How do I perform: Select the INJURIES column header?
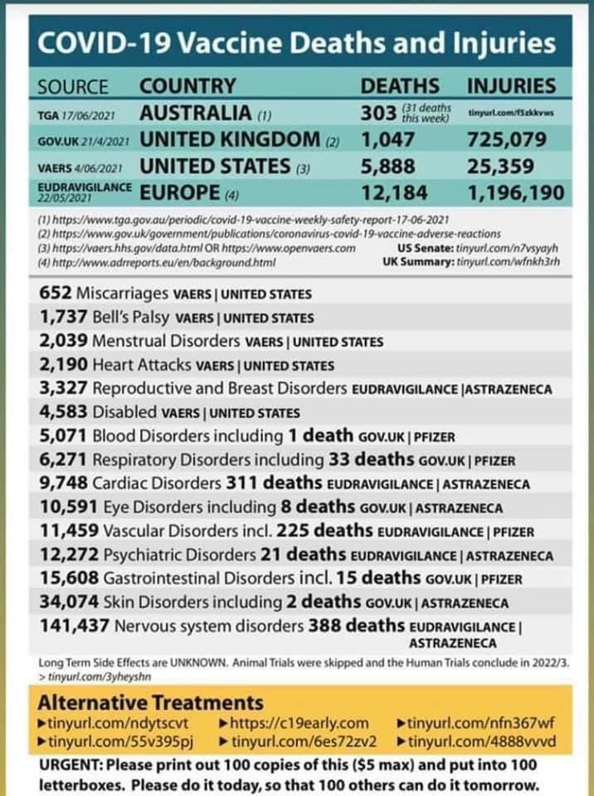click(x=511, y=85)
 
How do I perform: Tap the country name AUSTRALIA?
click(x=195, y=112)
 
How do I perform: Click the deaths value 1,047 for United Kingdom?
click(x=388, y=139)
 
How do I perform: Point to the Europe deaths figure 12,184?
click(x=394, y=193)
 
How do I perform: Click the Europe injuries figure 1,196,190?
click(x=515, y=193)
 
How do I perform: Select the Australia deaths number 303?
click(x=378, y=112)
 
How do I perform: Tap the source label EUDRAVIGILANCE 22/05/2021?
click(x=85, y=192)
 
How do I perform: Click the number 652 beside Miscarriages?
click(x=56, y=294)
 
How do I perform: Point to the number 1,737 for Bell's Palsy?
click(x=61, y=318)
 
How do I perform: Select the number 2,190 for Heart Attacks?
click(x=62, y=365)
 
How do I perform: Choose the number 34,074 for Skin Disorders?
click(x=67, y=603)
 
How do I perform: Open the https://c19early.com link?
click(x=302, y=723)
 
